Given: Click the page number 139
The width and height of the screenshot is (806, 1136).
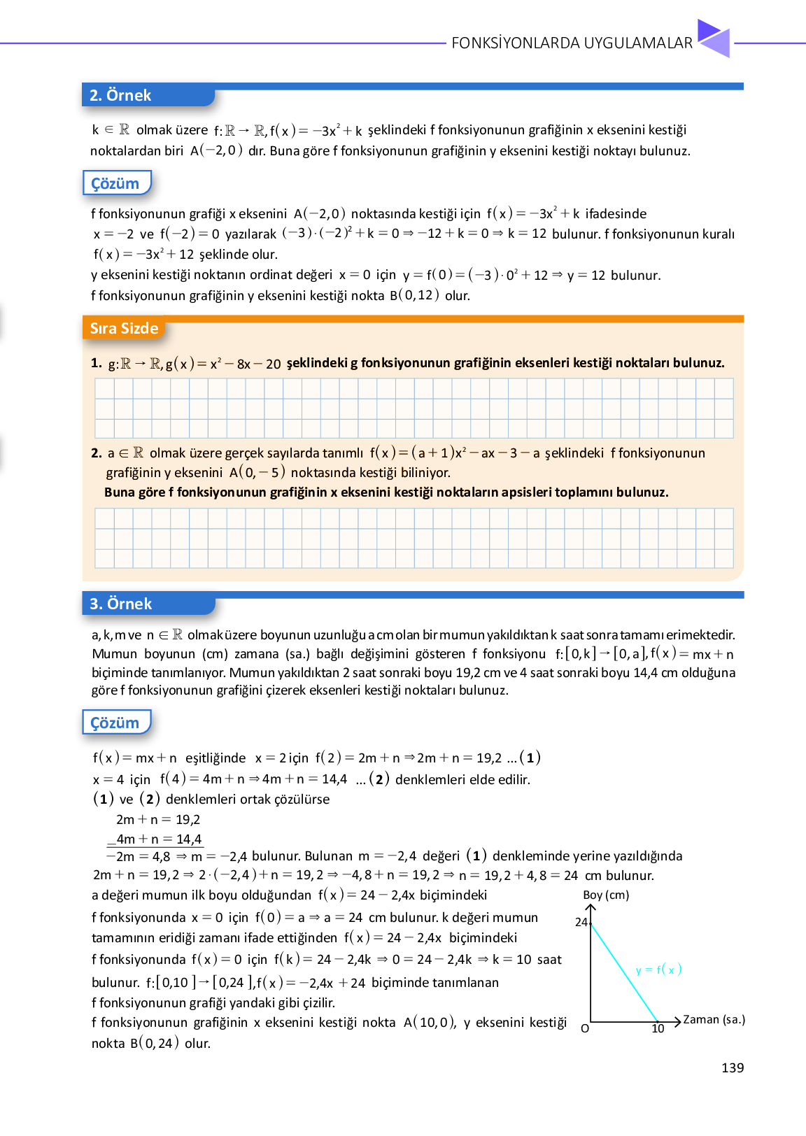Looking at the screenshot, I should pos(733,1067).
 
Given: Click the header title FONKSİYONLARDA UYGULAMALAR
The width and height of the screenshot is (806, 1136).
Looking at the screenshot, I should pos(572,43).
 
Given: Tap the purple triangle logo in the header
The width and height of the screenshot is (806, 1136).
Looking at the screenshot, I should pos(714,38).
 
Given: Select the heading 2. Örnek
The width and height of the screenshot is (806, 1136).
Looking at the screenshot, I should pos(120,95).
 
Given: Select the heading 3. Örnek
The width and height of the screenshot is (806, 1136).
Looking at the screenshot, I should pos(121,604).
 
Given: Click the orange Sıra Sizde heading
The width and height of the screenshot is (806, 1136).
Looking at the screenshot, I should pos(124,329).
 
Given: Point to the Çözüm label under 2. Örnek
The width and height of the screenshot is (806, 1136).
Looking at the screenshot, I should pos(115,183).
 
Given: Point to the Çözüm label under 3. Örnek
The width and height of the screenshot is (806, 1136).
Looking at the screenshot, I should pos(115,723).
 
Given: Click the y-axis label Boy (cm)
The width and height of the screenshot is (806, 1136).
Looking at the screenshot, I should pos(606,895).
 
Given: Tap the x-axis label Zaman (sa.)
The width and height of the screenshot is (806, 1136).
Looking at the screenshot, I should pos(714,1019).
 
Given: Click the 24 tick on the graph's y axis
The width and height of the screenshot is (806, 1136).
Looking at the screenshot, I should pos(581,922).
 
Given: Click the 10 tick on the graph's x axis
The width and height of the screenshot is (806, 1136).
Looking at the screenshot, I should pos(658,1029).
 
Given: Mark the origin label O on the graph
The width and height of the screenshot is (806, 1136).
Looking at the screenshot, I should pos(585,1029).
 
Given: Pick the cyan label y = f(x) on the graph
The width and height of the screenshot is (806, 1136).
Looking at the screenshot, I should pos(658,970).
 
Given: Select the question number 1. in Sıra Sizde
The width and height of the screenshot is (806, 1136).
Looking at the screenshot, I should pos(97,363).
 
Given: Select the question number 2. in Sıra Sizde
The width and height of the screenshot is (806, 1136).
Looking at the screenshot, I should pos(97,453).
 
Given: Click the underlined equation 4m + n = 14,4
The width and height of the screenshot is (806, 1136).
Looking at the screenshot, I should pos(159,839).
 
